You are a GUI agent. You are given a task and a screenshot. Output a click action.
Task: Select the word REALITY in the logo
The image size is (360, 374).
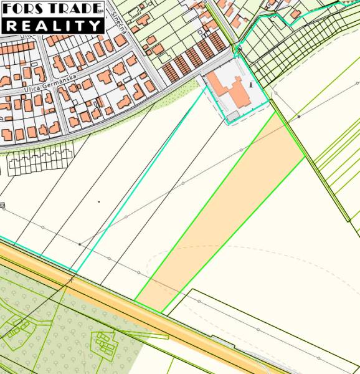[x=52, y=26]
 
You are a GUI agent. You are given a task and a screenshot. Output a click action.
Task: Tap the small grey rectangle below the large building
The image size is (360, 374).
[x=233, y=115]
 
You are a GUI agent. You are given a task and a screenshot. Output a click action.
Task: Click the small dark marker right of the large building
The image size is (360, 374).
[x=251, y=83]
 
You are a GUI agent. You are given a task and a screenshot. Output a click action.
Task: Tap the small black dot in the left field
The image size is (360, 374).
[x=98, y=202]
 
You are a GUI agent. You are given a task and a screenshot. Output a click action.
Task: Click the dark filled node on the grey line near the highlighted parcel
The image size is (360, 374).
[x=298, y=116]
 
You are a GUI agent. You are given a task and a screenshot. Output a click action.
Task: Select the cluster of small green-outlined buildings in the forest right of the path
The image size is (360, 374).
[x=104, y=342]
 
